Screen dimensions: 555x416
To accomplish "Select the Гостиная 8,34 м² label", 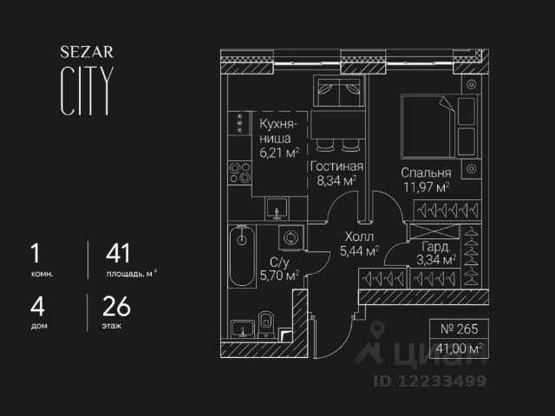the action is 336,173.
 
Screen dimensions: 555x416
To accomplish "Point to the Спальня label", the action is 424,172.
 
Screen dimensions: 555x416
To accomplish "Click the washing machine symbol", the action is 288,237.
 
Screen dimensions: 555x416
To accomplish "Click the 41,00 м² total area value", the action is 460,348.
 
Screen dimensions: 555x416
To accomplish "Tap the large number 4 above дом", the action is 36,307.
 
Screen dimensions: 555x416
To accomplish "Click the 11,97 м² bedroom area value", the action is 424,186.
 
